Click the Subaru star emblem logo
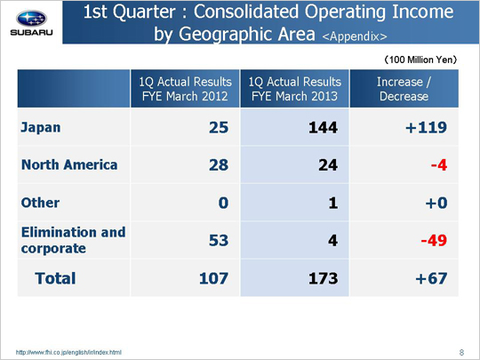tap(31, 19)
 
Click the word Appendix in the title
tap(355, 36)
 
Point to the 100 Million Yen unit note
tap(420, 60)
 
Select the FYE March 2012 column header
tap(185, 89)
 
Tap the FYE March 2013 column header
tap(294, 89)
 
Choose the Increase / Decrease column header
tap(404, 89)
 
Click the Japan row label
tap(40, 127)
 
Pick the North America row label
tap(69, 164)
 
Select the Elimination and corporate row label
tap(74, 240)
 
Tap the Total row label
tap(55, 278)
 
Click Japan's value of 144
tap(323, 127)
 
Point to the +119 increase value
tap(426, 127)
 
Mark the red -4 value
tap(439, 165)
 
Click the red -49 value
tap(434, 240)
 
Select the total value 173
tap(323, 278)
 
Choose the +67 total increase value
tap(431, 278)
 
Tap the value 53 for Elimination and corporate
tap(219, 240)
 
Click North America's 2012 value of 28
tap(219, 165)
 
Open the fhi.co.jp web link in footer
tap(68, 352)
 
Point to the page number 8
tap(461, 352)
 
